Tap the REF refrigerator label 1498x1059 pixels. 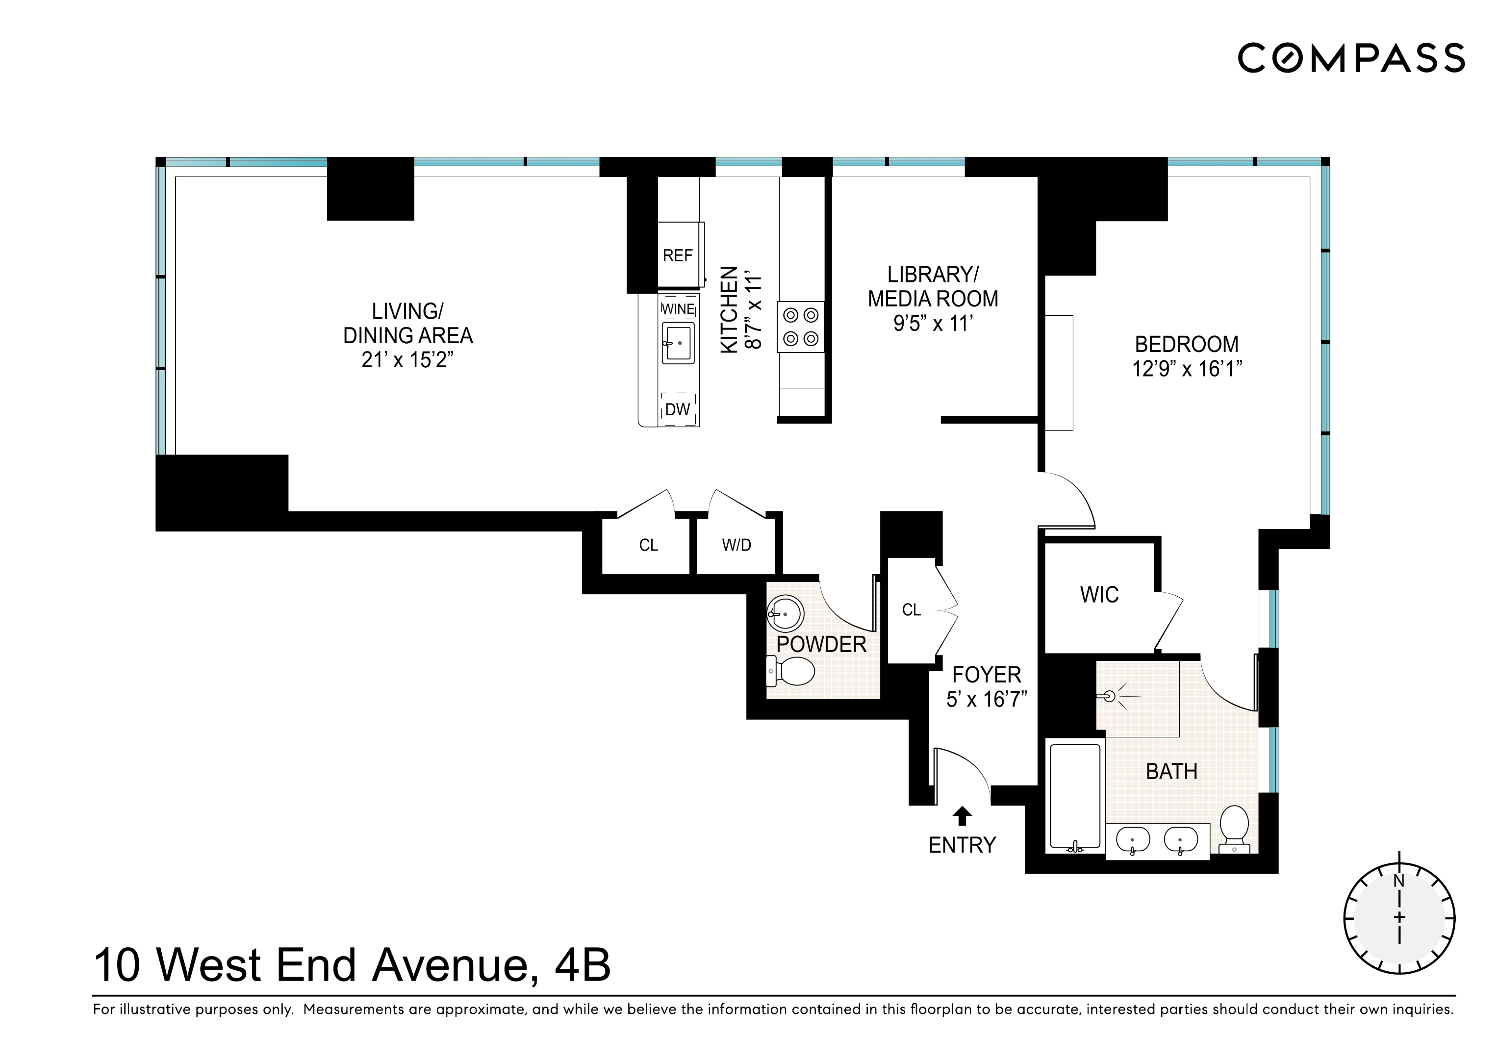[x=677, y=256]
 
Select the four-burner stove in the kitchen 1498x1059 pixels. [x=801, y=327]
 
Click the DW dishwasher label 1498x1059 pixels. [x=677, y=410]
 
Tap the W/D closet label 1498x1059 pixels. [x=736, y=545]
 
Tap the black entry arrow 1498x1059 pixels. [x=962, y=816]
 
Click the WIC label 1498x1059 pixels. [x=1099, y=594]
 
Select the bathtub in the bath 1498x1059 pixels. [x=1075, y=797]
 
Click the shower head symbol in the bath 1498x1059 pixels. [x=1111, y=696]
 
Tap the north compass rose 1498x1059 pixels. [x=1399, y=917]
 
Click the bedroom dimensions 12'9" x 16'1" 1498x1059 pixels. [x=1187, y=369]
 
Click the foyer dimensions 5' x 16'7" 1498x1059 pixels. [x=987, y=700]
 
